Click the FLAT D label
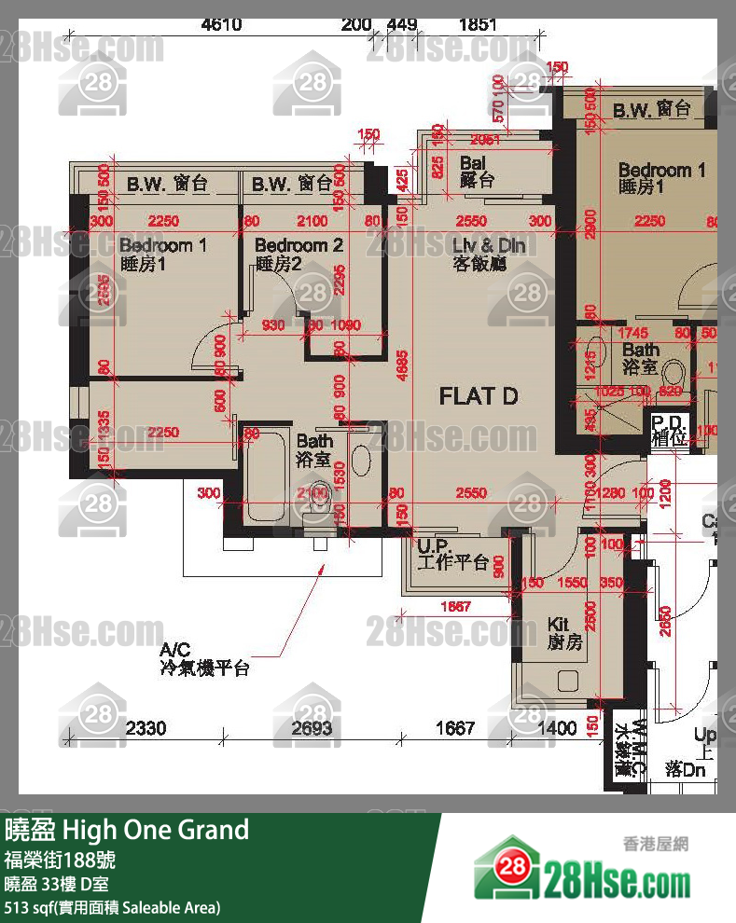(478, 396)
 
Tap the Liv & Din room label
(489, 254)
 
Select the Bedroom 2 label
(299, 254)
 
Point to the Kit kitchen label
(563, 633)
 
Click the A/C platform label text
(204, 659)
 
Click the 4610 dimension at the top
(221, 25)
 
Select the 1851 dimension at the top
(478, 25)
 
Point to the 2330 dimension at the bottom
(146, 727)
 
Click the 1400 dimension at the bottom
(558, 727)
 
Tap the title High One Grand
(127, 830)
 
